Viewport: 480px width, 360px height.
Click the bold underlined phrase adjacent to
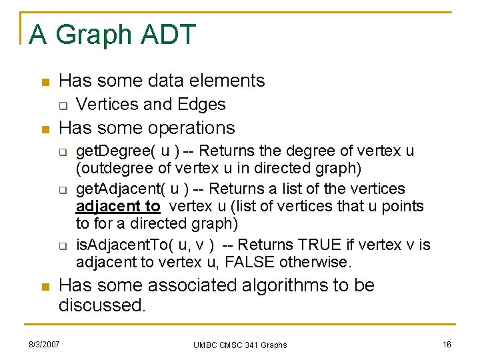[118, 207]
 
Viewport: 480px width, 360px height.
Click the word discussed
[102, 305]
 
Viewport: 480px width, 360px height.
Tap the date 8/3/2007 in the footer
[44, 344]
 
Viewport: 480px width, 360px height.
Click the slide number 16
[447, 344]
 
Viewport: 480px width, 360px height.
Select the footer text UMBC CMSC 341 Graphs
[240, 345]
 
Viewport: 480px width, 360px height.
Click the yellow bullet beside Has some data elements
[44, 82]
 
